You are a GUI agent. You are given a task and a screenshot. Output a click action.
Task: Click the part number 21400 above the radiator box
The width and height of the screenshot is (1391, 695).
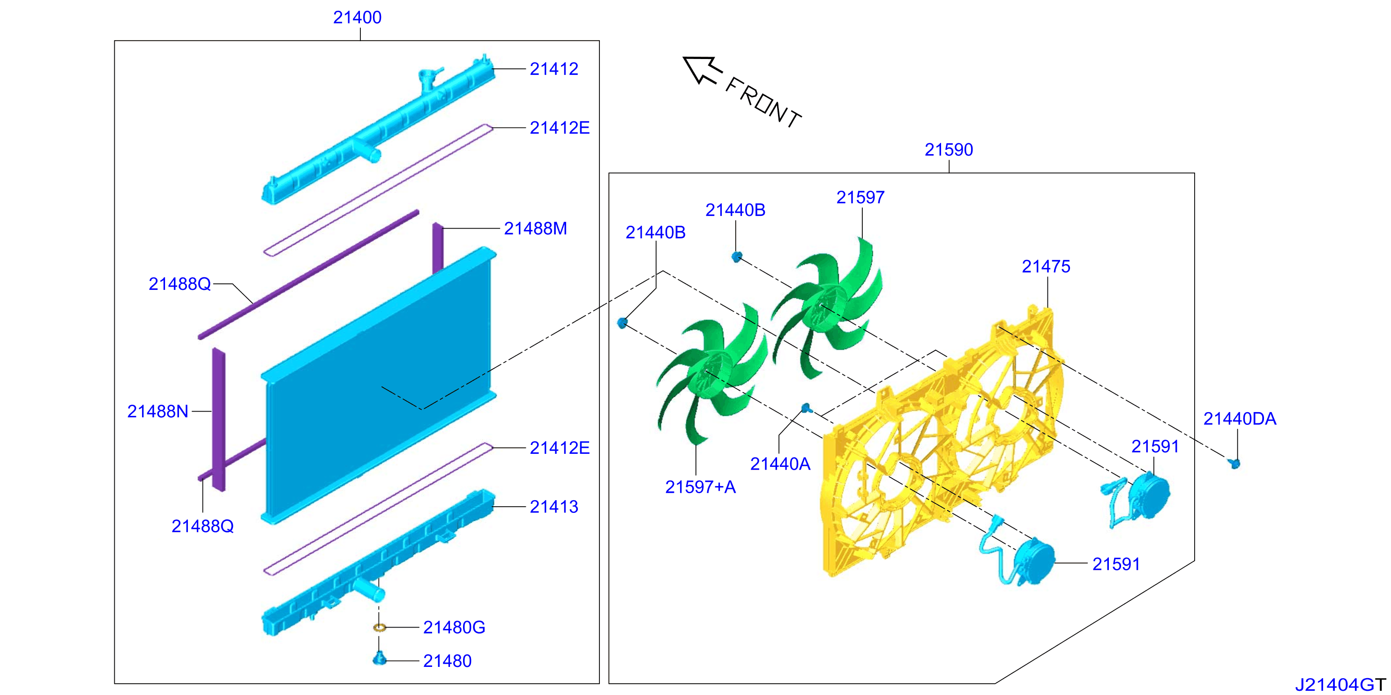(357, 17)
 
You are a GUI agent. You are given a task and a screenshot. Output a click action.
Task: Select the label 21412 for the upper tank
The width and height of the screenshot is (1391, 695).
(553, 69)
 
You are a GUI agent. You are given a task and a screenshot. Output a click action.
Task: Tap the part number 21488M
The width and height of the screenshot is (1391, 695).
(535, 228)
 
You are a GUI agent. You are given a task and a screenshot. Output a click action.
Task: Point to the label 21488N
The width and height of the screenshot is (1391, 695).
(157, 411)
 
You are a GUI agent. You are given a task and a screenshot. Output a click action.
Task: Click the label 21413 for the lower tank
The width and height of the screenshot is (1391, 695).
(553, 507)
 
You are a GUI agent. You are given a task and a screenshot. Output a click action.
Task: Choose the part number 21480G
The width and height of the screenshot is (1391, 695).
(454, 627)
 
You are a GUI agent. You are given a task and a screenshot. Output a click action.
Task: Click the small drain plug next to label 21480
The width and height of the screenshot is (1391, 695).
(380, 658)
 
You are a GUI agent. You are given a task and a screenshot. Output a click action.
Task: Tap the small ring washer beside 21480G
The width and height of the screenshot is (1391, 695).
(380, 628)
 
